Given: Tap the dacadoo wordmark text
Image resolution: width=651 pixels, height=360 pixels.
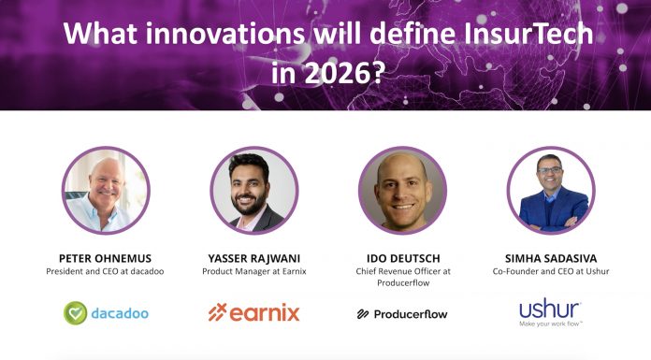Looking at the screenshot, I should coord(120,312).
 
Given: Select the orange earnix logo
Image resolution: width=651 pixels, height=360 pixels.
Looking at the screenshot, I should coord(253,312).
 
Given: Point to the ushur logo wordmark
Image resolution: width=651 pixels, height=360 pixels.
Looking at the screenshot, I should coord(550,308).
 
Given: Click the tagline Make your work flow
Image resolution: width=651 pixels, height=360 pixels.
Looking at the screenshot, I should coord(551,324).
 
